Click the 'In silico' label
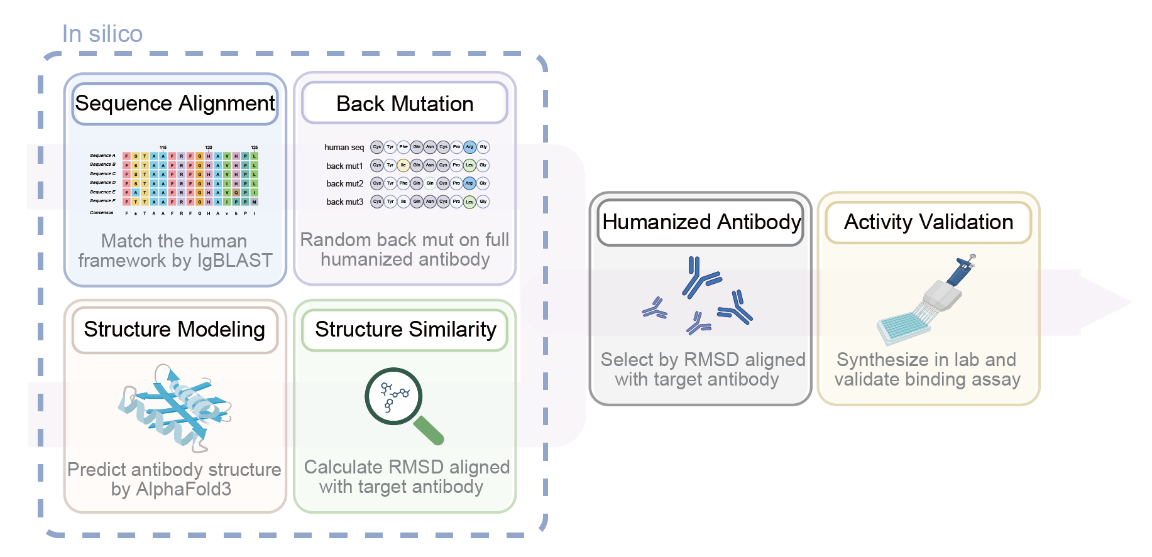pyautogui.click(x=102, y=34)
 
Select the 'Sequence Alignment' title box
pyautogui.click(x=175, y=104)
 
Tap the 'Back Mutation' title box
pyautogui.click(x=405, y=104)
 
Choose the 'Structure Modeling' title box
pyautogui.click(x=175, y=330)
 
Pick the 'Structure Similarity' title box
pyautogui.click(x=405, y=330)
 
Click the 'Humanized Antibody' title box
pyautogui.click(x=701, y=222)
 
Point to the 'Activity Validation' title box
pyautogui.click(x=928, y=222)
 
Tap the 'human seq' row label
pyautogui.click(x=344, y=148)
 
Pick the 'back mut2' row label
pyautogui.click(x=344, y=184)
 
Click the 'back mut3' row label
pyautogui.click(x=344, y=202)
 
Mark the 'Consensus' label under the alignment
pyautogui.click(x=102, y=213)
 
